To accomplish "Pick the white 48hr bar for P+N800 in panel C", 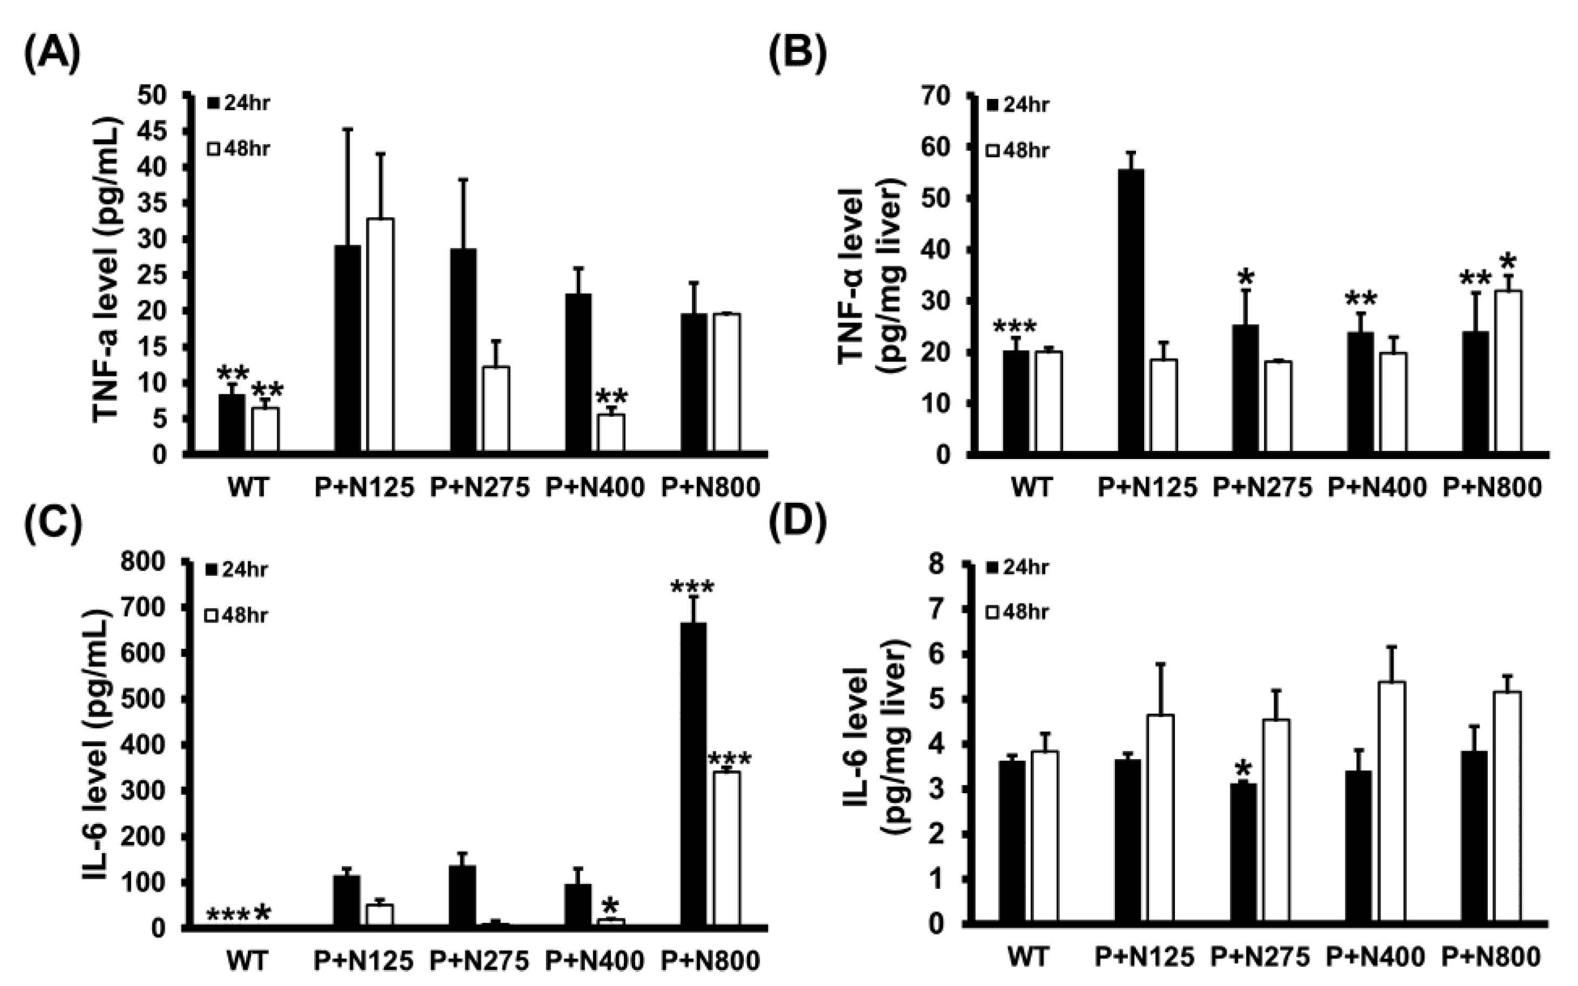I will pyautogui.click(x=726, y=848).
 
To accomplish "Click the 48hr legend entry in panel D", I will pyautogui.click(x=1017, y=612).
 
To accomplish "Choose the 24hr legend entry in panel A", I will pyautogui.click(x=239, y=103).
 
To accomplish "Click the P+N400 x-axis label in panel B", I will pyautogui.click(x=1377, y=488).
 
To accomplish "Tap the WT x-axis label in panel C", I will pyautogui.click(x=247, y=961).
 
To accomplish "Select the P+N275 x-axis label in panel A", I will pyautogui.click(x=479, y=488).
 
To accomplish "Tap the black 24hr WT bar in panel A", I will pyautogui.click(x=232, y=423).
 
